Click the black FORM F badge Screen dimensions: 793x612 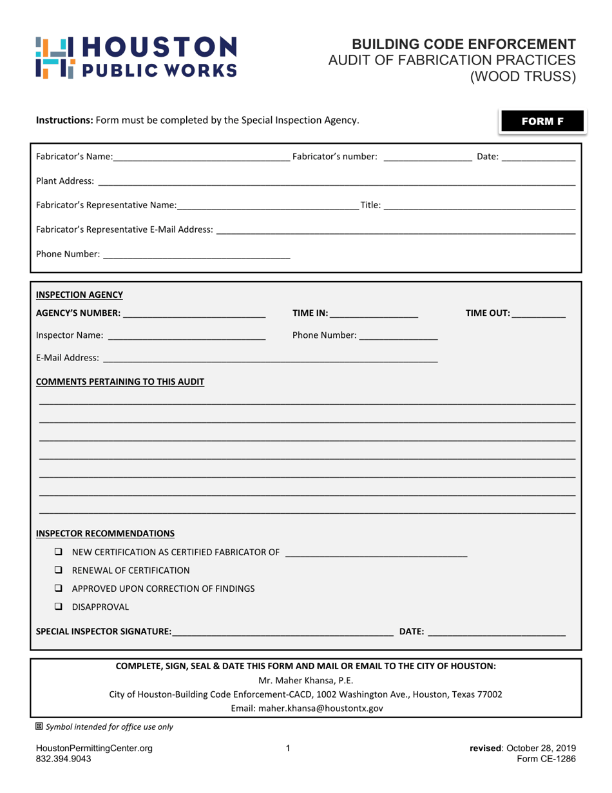coord(542,121)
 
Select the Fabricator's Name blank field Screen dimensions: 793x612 coord(202,157)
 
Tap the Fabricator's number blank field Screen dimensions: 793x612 coord(427,157)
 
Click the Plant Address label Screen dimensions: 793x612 coord(65,182)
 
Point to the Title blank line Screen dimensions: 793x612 coord(479,206)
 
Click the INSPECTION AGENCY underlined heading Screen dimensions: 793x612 coord(79,295)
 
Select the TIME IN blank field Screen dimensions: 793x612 coord(374,314)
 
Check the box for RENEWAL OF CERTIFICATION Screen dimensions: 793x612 coord(59,570)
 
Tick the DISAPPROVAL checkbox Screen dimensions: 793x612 coord(59,607)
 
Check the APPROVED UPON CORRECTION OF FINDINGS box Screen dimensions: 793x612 coord(59,589)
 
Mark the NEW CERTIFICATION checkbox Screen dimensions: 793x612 coord(59,552)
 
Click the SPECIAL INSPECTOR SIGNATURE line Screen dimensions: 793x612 coord(283,632)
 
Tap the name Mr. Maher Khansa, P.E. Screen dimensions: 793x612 coord(306,680)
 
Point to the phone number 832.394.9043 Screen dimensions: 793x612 coord(63,759)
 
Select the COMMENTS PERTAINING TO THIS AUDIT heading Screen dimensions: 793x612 coord(120,382)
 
